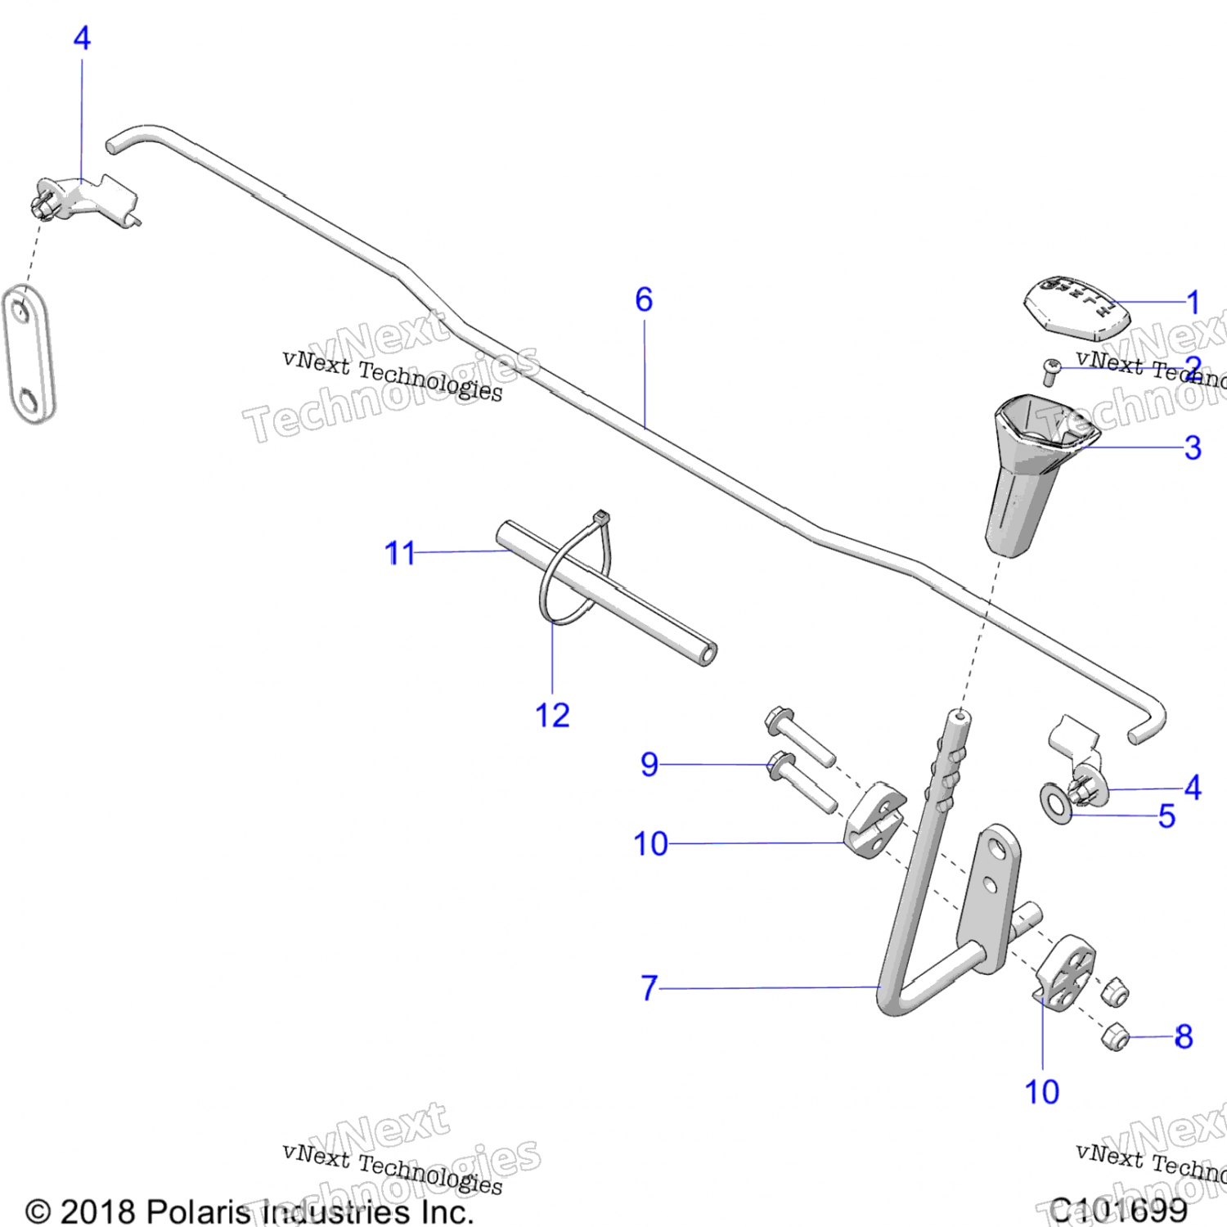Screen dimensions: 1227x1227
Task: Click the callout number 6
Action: [x=644, y=300]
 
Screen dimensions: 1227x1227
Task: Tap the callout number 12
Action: [x=552, y=716]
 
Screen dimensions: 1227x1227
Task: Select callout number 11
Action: [x=400, y=554]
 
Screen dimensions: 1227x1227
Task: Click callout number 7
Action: [x=649, y=988]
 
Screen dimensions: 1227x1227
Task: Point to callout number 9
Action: [x=649, y=765]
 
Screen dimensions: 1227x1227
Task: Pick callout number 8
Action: [x=1184, y=1037]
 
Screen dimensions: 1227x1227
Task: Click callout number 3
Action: [x=1193, y=447]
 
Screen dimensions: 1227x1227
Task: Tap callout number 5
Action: [x=1167, y=816]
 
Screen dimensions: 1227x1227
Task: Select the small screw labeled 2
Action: [x=1052, y=371]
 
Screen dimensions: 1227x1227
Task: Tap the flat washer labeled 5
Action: [x=1056, y=804]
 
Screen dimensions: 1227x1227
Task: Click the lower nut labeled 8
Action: [x=1115, y=1037]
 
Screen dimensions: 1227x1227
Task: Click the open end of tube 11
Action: [x=708, y=654]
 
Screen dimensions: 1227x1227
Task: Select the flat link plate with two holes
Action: [x=29, y=354]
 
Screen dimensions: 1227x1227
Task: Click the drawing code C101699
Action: [x=1119, y=1210]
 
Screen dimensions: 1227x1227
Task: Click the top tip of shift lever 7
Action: [x=960, y=717]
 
